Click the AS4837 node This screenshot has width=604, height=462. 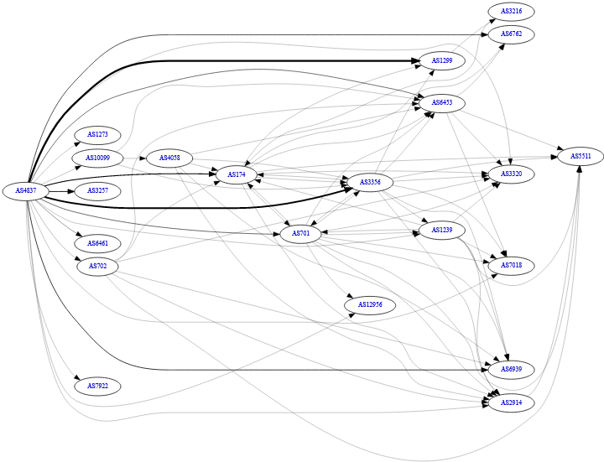23,191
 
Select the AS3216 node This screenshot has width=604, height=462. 511,12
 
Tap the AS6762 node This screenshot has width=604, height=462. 511,35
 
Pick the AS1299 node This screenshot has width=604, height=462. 442,61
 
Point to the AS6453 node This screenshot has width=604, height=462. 442,102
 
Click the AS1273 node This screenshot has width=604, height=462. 97,134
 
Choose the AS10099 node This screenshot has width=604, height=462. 97,158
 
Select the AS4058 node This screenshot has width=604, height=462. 170,158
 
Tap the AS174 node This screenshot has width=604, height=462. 237,174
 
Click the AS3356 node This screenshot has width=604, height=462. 370,182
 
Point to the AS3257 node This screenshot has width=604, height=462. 97,191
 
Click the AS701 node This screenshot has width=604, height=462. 301,233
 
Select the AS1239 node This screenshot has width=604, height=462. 442,230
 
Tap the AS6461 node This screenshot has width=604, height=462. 97,243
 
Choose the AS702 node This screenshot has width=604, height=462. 97,267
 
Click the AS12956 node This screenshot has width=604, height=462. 370,304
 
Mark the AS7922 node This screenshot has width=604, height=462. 97,386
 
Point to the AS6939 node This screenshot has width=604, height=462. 511,369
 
